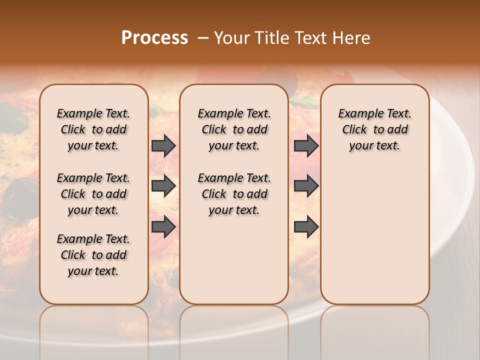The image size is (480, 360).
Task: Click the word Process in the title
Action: point(154,38)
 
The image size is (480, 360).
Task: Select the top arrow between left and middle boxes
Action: point(163,145)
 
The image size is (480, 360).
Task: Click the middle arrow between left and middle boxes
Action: point(163,186)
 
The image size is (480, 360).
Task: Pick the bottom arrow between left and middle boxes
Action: point(163,227)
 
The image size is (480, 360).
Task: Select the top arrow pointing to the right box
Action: point(306,145)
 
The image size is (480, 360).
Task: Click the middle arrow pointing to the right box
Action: point(306,186)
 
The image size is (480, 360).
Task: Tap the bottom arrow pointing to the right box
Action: point(306,227)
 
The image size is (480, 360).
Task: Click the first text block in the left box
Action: point(93,129)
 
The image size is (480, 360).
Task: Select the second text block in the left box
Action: point(93,194)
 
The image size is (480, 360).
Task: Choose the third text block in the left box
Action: point(93,255)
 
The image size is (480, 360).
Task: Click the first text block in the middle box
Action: point(234,129)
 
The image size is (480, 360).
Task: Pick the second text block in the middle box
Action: point(234,194)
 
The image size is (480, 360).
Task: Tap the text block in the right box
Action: point(374,129)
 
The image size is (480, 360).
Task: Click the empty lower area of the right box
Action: point(374,240)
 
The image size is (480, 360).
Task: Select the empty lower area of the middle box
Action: point(234,260)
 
